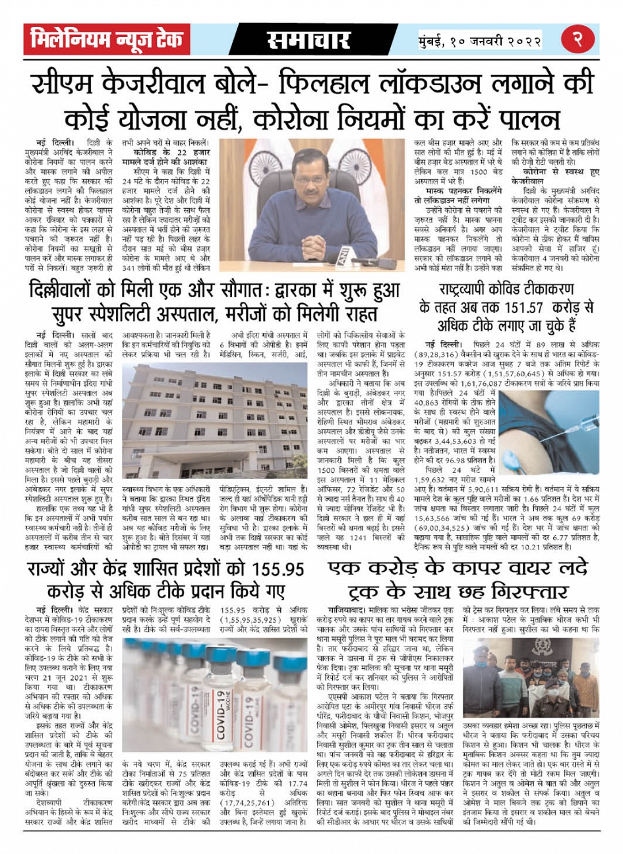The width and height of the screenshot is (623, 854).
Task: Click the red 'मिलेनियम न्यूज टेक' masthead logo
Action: tap(104, 40)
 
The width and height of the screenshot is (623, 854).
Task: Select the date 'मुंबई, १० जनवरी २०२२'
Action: tap(480, 41)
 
